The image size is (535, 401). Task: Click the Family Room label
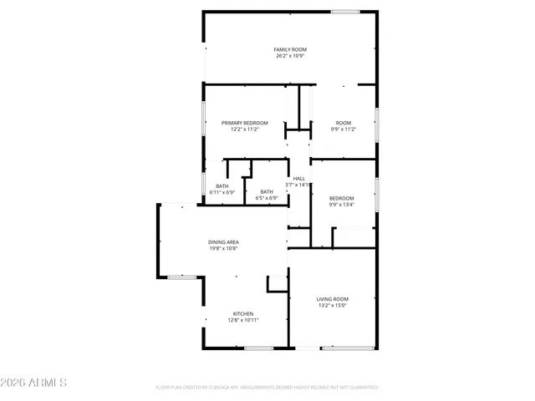[290, 50]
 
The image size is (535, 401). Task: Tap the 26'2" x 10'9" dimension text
[290, 57]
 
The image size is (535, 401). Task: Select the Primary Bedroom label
[245, 123]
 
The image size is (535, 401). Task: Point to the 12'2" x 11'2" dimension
[245, 129]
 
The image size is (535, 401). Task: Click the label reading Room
[344, 123]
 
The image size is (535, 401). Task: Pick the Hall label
[298, 178]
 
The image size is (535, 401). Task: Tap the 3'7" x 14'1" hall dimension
[298, 185]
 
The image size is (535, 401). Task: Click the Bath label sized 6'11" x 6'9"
[222, 185]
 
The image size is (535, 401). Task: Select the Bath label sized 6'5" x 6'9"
[267, 192]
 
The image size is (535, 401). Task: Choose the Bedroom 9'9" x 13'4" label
[341, 198]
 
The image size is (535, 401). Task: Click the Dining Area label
[224, 241]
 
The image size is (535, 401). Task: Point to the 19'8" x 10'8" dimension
[224, 248]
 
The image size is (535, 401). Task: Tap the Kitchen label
[243, 313]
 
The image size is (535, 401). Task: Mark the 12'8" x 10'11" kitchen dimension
[243, 320]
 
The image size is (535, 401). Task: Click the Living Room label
[333, 298]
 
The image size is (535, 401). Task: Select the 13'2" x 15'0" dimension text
[333, 305]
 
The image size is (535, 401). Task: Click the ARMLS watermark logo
[34, 383]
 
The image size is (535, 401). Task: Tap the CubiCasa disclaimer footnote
[267, 387]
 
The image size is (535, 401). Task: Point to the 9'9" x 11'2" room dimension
[344, 129]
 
